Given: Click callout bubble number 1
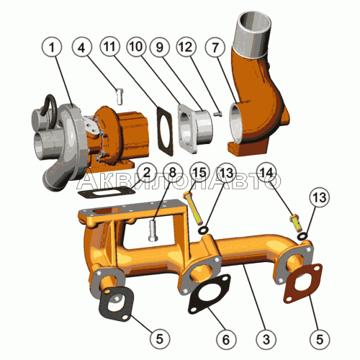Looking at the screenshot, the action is (52, 48).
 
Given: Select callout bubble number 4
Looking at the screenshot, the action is (81, 48).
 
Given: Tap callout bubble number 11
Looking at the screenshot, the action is (110, 47).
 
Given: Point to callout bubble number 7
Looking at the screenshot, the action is (215, 47).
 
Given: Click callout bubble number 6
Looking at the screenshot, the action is (226, 339).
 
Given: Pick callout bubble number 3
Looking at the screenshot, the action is (266, 339).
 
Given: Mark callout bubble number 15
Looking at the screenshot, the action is (200, 173).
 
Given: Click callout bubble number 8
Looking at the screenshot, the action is (173, 173).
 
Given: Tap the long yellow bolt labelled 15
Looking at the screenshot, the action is (193, 208).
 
